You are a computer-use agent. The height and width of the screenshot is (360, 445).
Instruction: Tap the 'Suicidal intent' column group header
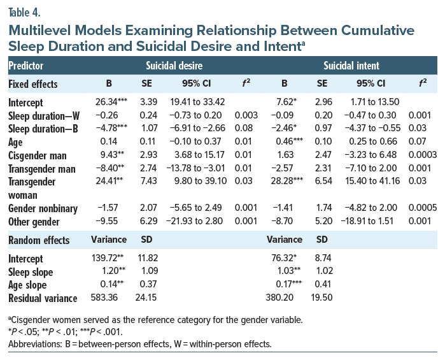tap(351, 66)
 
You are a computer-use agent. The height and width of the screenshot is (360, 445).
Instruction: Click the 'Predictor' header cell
tap(27, 66)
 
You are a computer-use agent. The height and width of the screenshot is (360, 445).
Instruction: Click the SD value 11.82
tap(149, 259)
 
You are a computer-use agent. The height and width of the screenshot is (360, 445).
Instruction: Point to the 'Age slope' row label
tap(30, 285)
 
